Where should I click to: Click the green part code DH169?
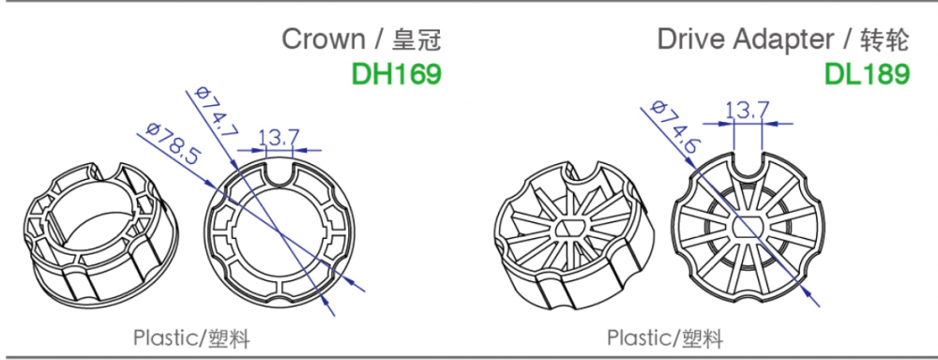point(397,73)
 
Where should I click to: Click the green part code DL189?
point(868,74)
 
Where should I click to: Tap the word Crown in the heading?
point(323,39)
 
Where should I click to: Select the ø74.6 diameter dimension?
point(673,126)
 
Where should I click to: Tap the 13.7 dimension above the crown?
point(279,139)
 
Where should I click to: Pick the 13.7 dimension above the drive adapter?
point(748,111)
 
